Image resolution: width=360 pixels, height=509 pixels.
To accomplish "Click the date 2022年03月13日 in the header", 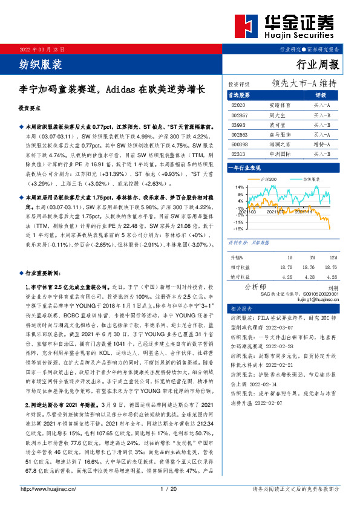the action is tap(42, 49).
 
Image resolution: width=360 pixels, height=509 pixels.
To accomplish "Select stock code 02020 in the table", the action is tap(238, 105).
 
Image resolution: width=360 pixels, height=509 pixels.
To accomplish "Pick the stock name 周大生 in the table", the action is tap(278, 114).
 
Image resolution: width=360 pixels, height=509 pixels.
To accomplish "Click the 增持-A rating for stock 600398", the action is tap(321, 144).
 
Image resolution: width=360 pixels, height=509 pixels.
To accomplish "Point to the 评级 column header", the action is tap(321, 96).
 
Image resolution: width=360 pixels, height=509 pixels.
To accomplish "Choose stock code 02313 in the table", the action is tap(238, 154).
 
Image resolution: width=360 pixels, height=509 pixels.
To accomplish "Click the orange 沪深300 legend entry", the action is tap(268, 180).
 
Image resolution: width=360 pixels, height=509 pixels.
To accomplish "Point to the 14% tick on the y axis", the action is tap(240, 187).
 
